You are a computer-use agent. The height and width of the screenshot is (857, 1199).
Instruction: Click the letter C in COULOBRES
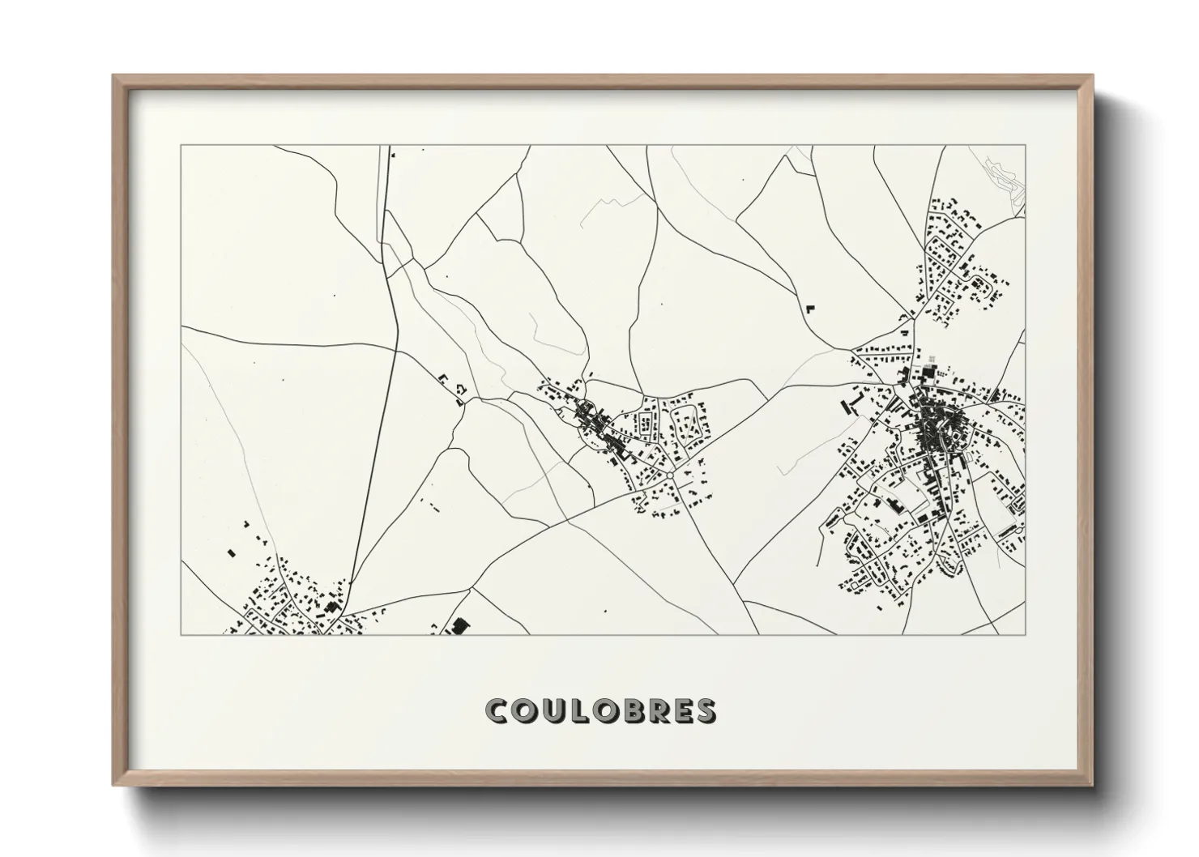tap(497, 710)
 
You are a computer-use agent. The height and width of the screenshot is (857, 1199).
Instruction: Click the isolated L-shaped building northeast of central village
tap(809, 308)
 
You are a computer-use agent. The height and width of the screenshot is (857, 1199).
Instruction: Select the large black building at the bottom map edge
tap(460, 626)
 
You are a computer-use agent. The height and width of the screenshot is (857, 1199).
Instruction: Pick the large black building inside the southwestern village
tap(331, 607)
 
